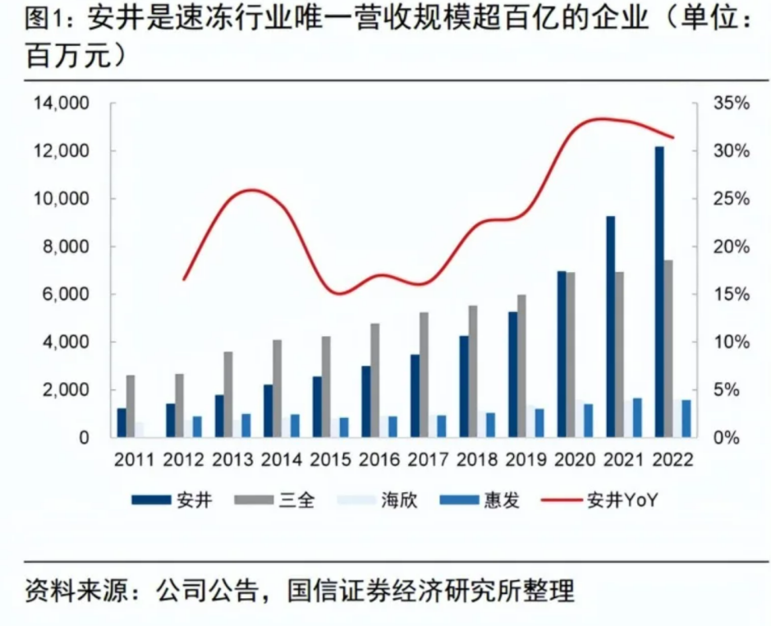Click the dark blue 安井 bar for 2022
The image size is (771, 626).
(660, 292)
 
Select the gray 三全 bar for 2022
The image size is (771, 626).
(669, 348)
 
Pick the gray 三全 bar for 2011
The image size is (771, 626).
(131, 406)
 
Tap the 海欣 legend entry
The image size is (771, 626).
(400, 500)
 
